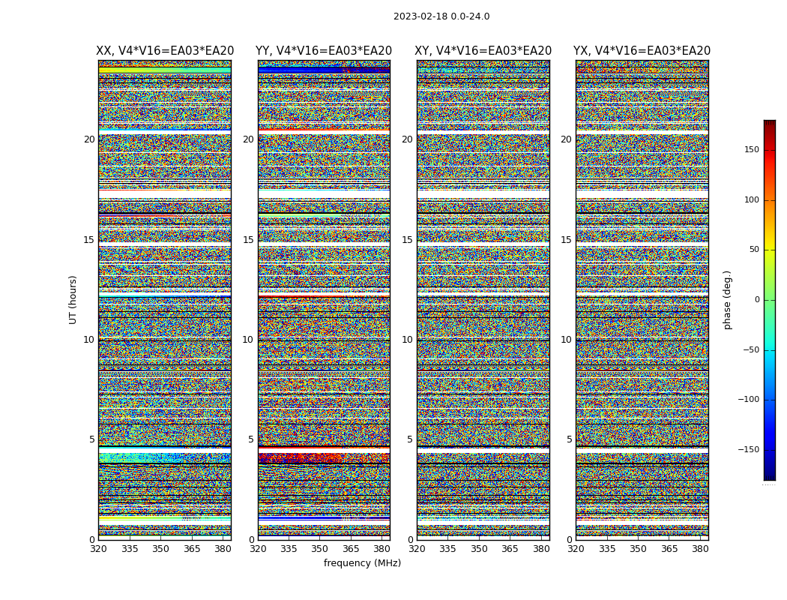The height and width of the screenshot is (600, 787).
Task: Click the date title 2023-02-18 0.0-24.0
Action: coord(441,16)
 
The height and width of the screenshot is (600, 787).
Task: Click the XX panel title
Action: coord(165,51)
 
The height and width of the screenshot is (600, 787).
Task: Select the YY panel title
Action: coord(324,51)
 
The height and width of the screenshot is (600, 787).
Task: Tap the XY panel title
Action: coord(483,51)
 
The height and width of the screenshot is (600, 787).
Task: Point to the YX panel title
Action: coord(642,51)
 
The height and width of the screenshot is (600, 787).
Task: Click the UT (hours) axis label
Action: coord(73,299)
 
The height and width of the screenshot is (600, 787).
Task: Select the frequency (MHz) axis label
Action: coord(362,563)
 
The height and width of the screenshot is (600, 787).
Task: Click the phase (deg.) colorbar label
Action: coord(727,300)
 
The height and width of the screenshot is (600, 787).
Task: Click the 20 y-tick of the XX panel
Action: coord(89,139)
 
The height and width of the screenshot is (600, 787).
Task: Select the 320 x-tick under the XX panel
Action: coord(98,549)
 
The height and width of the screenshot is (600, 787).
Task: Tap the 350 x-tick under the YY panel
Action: coord(320,549)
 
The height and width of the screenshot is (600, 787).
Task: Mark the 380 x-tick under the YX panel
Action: coord(700,549)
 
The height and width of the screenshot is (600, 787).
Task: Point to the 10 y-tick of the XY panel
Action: coord(407,340)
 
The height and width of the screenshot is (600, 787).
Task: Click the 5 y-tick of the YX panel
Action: coord(569,439)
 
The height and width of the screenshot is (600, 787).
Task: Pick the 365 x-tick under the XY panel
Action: coord(510,549)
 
